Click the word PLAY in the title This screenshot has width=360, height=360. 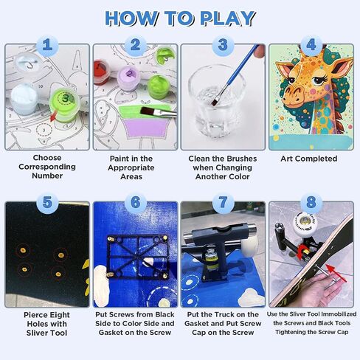pyautogui.click(x=227, y=18)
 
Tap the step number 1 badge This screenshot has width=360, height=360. pyautogui.click(x=47, y=45)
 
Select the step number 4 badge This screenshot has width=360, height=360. pyautogui.click(x=311, y=45)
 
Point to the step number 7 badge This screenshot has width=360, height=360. pyautogui.click(x=223, y=203)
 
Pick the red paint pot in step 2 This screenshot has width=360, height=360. pyautogui.click(x=102, y=72)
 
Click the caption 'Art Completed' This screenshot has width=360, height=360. pyautogui.click(x=309, y=159)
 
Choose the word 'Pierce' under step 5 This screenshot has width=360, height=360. pyautogui.click(x=34, y=315)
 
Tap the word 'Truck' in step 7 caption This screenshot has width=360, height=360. pyautogui.click(x=228, y=314)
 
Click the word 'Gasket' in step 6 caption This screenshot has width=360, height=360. pyautogui.click(x=111, y=333)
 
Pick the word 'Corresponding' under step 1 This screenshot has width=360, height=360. pyautogui.click(x=47, y=167)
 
